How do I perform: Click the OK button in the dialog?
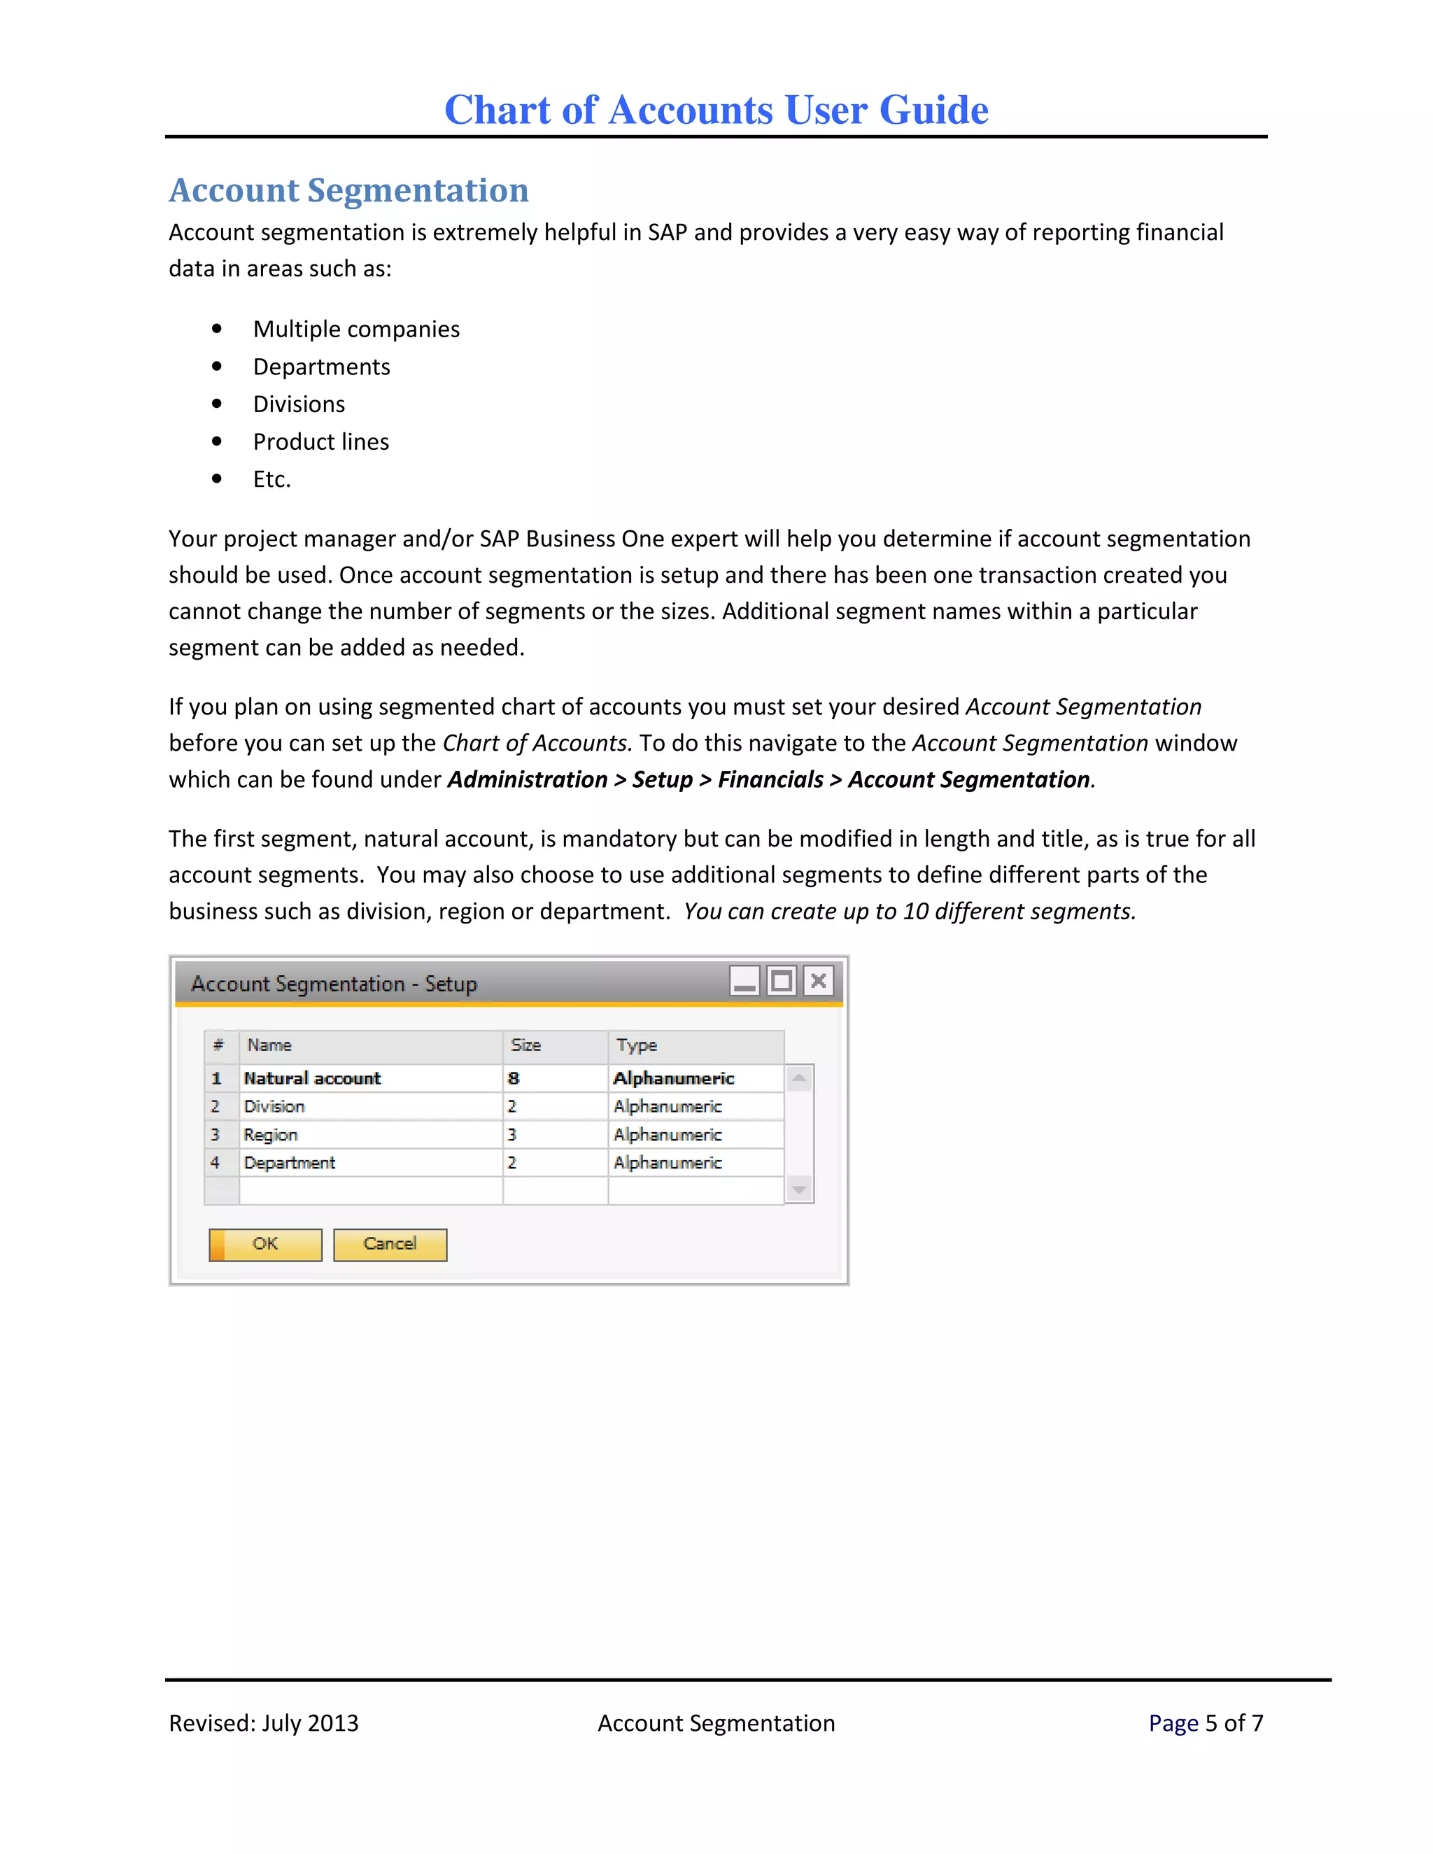pos(265,1245)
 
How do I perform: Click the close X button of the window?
pos(819,982)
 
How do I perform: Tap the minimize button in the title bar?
pos(744,982)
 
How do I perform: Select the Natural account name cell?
pos(312,1078)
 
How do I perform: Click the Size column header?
pos(526,1045)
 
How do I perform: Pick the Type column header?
pos(637,1045)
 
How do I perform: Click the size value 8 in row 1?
pos(514,1078)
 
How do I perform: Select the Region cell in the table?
pos(271,1135)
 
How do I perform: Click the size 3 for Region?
pos(512,1135)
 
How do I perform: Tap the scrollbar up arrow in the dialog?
pos(799,1079)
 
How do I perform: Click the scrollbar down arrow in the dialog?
pos(799,1189)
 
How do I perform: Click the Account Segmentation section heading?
pos(349,190)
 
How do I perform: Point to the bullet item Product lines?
pos(321,441)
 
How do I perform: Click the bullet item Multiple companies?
pos(355,330)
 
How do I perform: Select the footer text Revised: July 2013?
pos(263,1723)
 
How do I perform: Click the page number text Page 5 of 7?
pos(1206,1723)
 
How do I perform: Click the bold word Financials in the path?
pos(770,779)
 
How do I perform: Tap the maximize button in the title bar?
pos(781,982)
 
